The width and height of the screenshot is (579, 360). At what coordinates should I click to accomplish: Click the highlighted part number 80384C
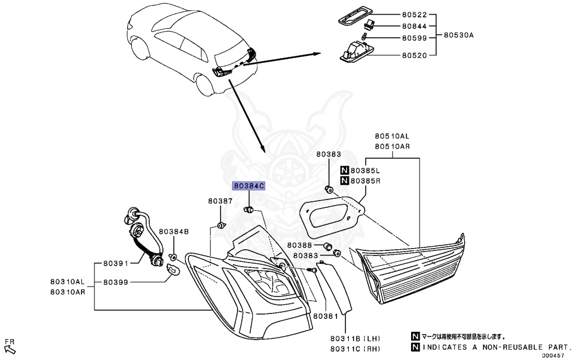(x=249, y=186)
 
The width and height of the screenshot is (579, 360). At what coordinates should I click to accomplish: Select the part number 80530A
(x=458, y=35)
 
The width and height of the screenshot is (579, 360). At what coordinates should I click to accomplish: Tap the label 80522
(x=414, y=15)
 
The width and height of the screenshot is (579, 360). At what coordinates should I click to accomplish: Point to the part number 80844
(x=414, y=26)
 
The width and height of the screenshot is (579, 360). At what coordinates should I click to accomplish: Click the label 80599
(x=414, y=38)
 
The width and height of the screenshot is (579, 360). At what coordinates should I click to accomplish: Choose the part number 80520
(x=414, y=55)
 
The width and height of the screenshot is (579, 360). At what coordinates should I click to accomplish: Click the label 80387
(x=220, y=201)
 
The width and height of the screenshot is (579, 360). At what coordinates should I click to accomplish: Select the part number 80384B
(x=174, y=231)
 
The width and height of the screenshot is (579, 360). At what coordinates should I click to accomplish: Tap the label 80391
(x=116, y=263)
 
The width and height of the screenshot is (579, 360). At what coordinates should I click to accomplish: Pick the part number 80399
(x=116, y=281)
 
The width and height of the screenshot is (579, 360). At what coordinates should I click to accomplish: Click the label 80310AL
(x=67, y=281)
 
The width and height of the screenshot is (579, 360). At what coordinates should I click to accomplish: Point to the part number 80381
(x=325, y=316)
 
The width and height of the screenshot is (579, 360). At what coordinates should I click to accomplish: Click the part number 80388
(x=299, y=245)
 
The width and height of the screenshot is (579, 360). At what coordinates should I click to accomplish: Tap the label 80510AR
(x=392, y=146)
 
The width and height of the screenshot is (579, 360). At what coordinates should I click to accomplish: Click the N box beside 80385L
(x=344, y=170)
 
